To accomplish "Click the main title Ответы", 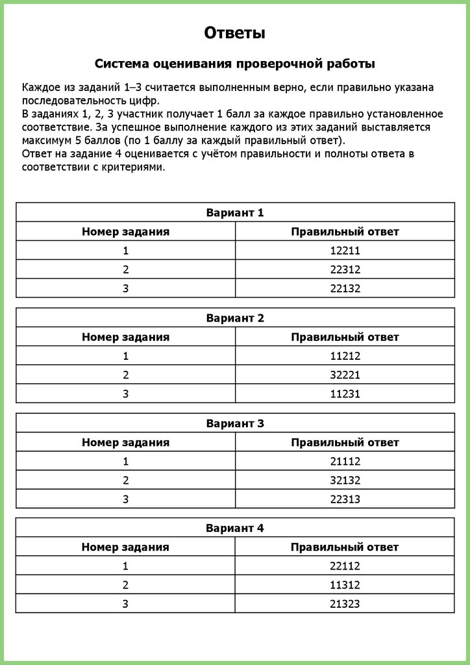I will pos(234,32).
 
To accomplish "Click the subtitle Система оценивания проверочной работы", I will pos(234,64).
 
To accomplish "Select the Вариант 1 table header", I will pos(235,212).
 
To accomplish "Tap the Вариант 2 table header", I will pos(235,318).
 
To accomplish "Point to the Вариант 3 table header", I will pos(235,423).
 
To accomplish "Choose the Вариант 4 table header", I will pos(235,528).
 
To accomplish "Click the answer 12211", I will pos(345,251).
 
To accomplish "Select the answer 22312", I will pos(345,270).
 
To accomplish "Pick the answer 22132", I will pos(345,288).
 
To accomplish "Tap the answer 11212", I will pos(345,356).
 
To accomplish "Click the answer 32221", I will pos(345,375).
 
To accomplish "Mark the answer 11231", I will pos(345,394).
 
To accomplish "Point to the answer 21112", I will pos(345,461).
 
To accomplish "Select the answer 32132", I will pos(345,481).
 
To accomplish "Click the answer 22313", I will pos(345,499).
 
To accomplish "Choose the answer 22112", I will pos(345,566).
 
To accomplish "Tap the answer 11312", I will pos(345,585).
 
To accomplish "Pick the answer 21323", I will pos(345,604).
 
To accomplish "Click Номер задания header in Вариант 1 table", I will pos(125,232).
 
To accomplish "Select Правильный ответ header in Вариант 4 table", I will pos(345,547).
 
